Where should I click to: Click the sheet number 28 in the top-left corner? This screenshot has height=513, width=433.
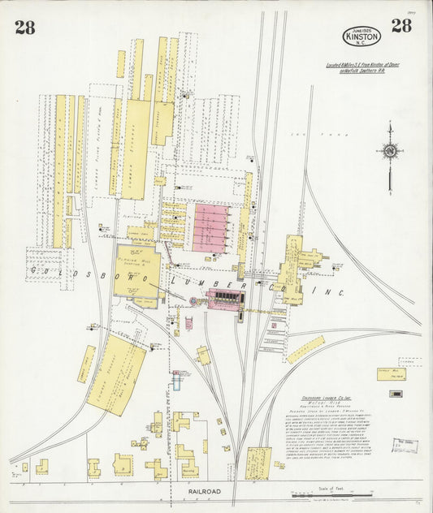point(24,28)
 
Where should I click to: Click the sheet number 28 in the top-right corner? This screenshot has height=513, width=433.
point(401,25)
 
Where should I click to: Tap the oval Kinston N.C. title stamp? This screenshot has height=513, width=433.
point(361,36)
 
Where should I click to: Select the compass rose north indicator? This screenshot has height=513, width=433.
point(390,150)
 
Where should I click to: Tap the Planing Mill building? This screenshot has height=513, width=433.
point(136,268)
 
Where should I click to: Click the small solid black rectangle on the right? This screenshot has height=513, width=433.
point(396,394)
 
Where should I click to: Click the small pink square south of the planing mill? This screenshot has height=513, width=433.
point(188,324)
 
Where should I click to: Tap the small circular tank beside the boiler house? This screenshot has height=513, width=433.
point(193,301)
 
